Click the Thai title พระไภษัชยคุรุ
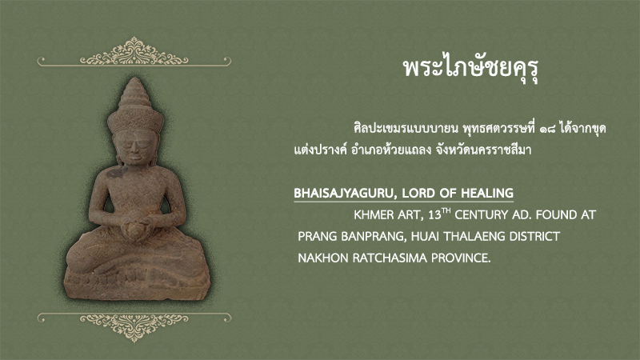pyautogui.click(x=471, y=69)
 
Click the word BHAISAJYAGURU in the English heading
pyautogui.click(x=344, y=193)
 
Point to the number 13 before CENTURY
pyautogui.click(x=434, y=215)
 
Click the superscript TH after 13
pyautogui.click(x=446, y=210)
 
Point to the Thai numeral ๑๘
pyautogui.click(x=547, y=130)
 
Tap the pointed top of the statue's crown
pyautogui.click(x=134, y=78)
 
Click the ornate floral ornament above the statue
pyautogui.click(x=134, y=52)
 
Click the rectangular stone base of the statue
pyautogui.click(x=137, y=284)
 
